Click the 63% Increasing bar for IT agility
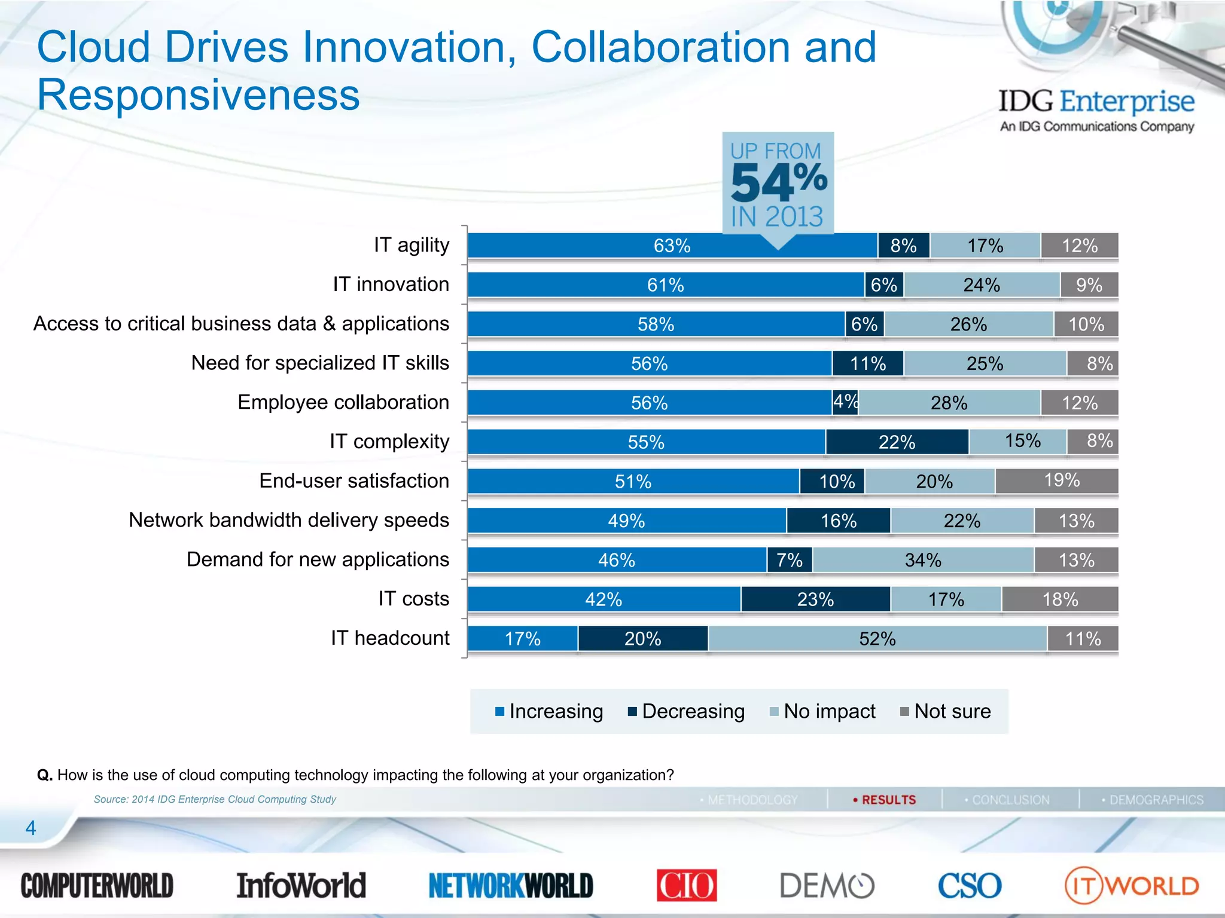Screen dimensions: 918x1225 [x=672, y=246]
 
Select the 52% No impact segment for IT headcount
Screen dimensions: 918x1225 [x=877, y=638]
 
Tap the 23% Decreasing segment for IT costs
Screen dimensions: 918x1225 [x=815, y=599]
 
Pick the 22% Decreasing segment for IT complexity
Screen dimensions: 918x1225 [x=897, y=442]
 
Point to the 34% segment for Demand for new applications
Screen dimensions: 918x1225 [x=923, y=560]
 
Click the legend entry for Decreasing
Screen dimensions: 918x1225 [x=687, y=711]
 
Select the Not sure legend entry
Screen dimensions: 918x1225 [x=946, y=711]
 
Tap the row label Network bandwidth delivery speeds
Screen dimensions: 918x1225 [x=289, y=520]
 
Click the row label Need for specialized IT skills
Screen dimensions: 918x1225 [x=320, y=363]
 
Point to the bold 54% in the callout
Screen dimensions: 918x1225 [x=778, y=182]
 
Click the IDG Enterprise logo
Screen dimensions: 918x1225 [x=1096, y=109]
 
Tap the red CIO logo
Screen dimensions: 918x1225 [x=686, y=885]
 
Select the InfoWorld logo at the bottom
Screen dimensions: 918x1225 [x=301, y=885]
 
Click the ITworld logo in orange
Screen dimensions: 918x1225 [x=1132, y=885]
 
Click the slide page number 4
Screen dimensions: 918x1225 [x=31, y=828]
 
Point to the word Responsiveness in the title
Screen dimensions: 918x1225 [x=198, y=95]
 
